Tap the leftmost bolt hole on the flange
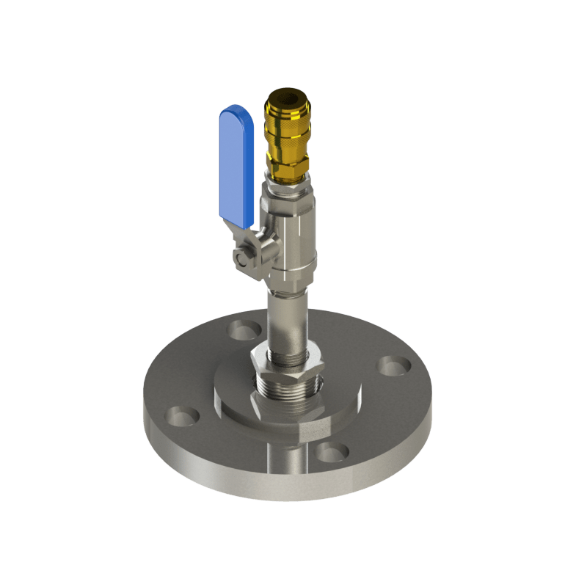coord(179,416)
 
